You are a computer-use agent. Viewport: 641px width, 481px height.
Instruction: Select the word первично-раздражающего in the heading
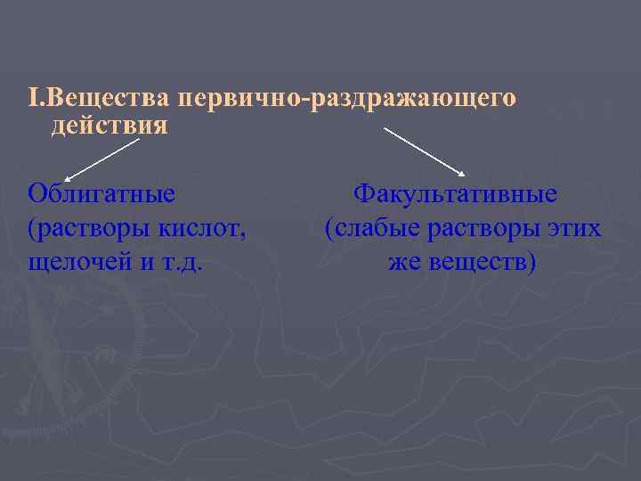point(346,97)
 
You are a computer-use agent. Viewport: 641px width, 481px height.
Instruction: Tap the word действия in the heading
point(109,126)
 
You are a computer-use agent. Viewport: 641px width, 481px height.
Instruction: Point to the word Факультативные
point(455,193)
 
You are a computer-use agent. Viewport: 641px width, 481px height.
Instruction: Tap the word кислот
point(207,229)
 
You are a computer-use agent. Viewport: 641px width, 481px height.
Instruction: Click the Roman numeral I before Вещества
point(31,97)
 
